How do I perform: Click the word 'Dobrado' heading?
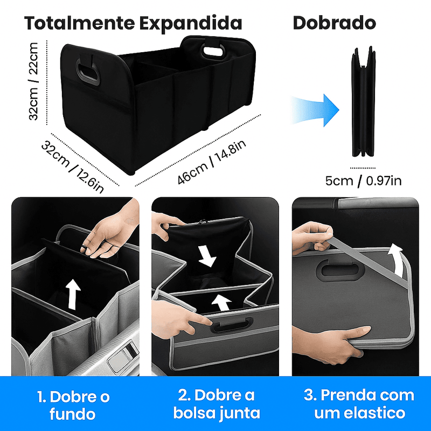point(334,23)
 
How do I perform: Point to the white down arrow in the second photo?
point(207,256)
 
